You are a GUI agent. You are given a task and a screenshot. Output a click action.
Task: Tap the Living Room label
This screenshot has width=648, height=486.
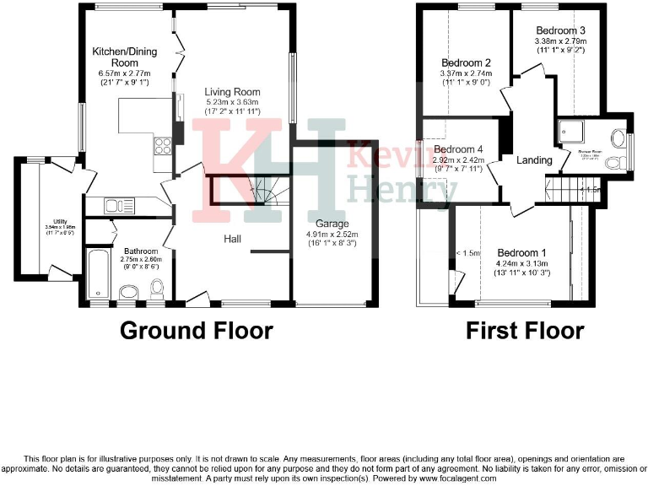232,92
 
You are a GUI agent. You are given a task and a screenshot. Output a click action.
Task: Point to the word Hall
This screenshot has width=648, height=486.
234,240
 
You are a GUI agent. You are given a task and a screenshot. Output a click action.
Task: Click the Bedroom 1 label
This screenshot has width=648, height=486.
521,252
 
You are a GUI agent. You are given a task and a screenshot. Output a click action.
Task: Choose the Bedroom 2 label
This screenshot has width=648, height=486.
466,62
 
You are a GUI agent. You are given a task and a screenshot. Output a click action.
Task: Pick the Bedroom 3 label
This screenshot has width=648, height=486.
560,30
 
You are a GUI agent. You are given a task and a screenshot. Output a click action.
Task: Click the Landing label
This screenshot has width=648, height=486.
534,160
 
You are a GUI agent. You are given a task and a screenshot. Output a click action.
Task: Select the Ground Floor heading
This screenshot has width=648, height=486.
197,330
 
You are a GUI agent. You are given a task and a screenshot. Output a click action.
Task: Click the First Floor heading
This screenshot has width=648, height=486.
525,330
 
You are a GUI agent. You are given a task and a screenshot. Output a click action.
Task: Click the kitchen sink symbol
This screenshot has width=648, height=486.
116,205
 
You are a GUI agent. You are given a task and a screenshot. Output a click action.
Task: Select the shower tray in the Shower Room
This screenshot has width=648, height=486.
564,132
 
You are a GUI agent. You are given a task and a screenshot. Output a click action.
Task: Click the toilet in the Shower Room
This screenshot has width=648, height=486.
618,139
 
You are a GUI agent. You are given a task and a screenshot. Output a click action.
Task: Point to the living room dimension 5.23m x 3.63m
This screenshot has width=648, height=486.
232,102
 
